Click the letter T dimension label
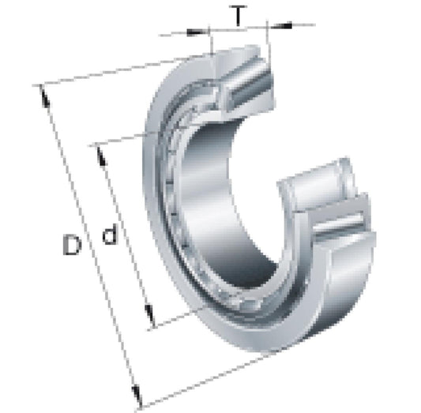tap(238, 16)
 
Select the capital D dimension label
tap(72, 244)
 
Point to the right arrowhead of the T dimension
tap(281, 26)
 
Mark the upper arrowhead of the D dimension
tap(44, 96)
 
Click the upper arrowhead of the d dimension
tap(102, 156)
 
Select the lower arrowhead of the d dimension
tap(149, 316)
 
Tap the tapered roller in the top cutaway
tap(246, 85)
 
